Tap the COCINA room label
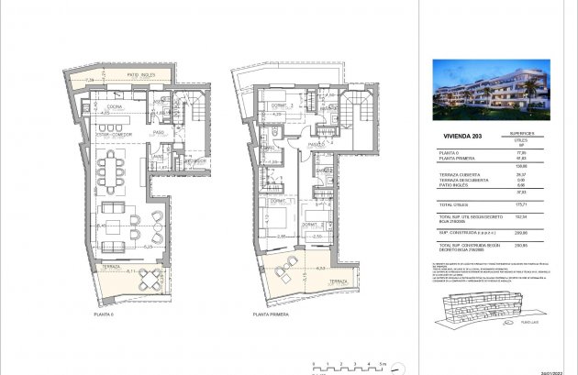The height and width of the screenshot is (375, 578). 116,108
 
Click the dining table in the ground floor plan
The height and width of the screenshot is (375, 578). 114,168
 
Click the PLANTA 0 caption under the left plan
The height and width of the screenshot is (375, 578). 103,314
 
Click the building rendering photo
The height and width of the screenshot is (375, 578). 491,91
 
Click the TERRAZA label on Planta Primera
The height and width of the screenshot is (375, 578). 336,281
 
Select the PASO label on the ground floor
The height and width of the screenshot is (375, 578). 158,132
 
